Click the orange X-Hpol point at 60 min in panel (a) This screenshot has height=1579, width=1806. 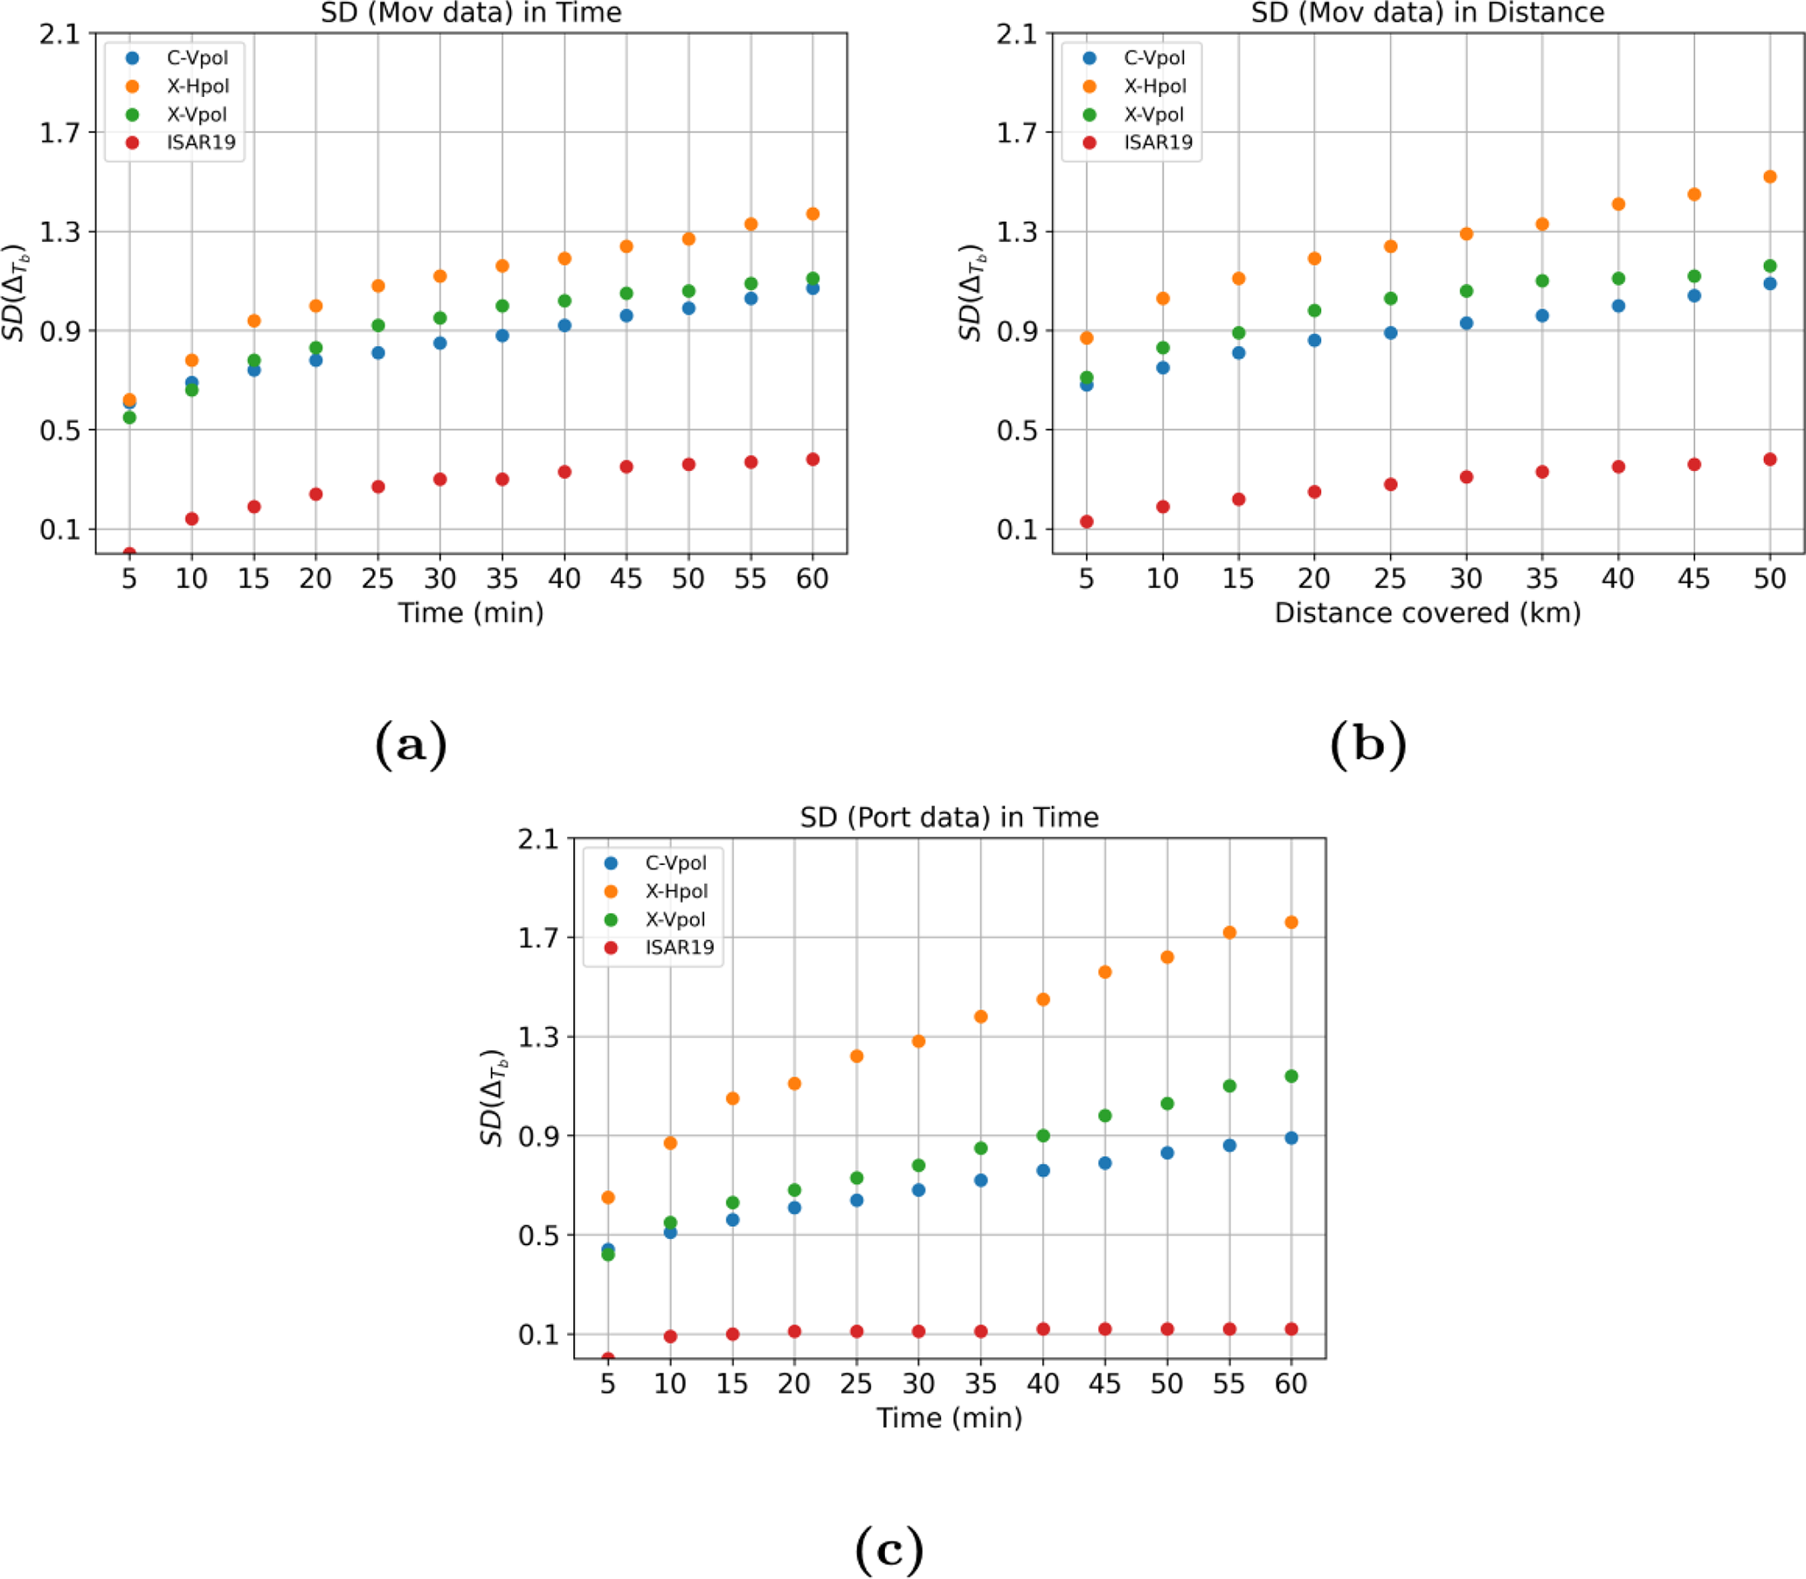[813, 214]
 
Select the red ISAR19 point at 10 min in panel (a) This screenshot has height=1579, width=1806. [191, 519]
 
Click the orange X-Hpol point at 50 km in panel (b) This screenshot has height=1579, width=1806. [1769, 177]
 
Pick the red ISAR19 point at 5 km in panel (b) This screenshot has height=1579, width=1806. [1086, 522]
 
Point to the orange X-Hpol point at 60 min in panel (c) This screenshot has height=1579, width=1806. [1290, 923]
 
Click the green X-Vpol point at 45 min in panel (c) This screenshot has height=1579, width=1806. [1104, 1116]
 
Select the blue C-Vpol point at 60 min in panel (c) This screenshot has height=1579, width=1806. [1290, 1138]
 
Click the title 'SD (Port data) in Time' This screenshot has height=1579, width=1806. [949, 817]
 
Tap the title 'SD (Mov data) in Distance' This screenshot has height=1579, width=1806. [1427, 12]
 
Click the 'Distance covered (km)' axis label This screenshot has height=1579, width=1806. [1427, 613]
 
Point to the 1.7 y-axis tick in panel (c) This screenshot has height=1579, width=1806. [538, 938]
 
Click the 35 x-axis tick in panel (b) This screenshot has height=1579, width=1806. [1542, 578]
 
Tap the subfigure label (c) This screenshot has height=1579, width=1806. [889, 1548]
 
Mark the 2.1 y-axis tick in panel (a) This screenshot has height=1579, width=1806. [59, 33]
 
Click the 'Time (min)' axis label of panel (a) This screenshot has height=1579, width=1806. [470, 613]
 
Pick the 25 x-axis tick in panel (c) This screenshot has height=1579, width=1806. [856, 1384]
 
